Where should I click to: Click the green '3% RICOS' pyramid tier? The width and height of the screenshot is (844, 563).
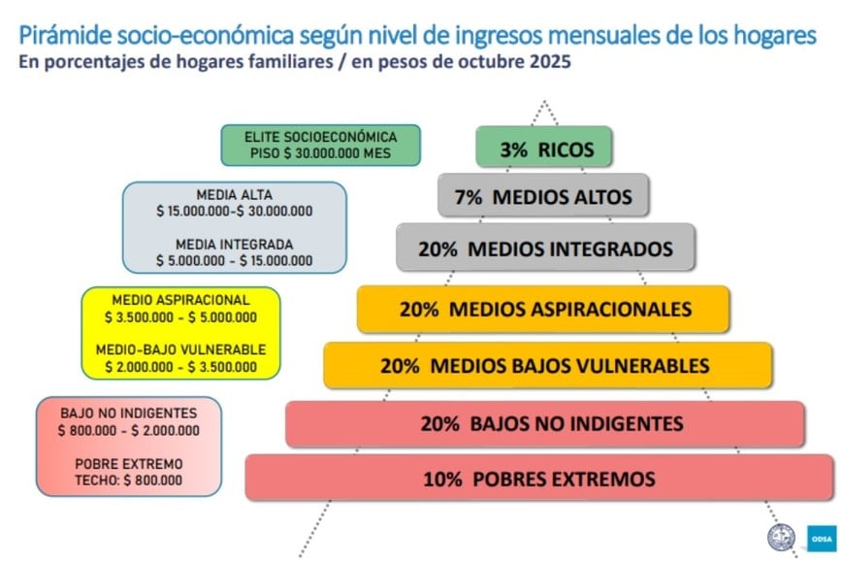[x=543, y=147]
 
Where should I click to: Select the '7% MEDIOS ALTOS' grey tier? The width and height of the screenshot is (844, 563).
[x=543, y=195]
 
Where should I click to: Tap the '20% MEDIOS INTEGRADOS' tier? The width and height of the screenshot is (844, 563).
[x=545, y=248]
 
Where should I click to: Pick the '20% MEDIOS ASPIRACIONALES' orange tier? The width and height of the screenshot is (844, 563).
[x=543, y=309]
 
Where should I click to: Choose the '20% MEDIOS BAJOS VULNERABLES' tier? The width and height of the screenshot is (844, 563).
[x=548, y=365]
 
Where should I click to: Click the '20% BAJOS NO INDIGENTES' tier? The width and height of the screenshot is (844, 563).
[x=545, y=424]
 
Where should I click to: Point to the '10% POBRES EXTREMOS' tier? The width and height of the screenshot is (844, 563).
[x=539, y=478]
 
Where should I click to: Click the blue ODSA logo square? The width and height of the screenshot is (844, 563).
[x=822, y=538]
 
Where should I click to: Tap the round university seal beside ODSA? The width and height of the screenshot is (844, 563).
[x=781, y=538]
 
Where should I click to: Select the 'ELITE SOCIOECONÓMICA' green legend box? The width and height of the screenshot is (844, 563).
[x=320, y=145]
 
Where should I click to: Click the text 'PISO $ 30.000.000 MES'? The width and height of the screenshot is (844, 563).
[x=320, y=153]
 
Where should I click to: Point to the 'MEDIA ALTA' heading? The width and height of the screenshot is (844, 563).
[x=234, y=194]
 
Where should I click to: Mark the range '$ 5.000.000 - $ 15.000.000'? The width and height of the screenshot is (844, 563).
[x=234, y=261]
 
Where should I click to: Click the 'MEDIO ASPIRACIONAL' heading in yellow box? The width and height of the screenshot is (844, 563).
[x=180, y=300]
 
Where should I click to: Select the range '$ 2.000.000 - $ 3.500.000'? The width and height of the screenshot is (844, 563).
[x=180, y=367]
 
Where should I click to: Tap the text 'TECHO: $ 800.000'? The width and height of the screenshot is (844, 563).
[x=129, y=480]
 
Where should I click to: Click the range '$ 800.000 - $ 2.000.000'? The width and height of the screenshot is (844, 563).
[x=129, y=430]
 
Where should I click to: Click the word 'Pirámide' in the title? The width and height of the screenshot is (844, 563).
[x=66, y=36]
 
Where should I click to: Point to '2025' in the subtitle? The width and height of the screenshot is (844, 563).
[x=550, y=61]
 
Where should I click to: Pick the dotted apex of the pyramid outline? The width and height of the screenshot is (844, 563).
[x=545, y=101]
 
